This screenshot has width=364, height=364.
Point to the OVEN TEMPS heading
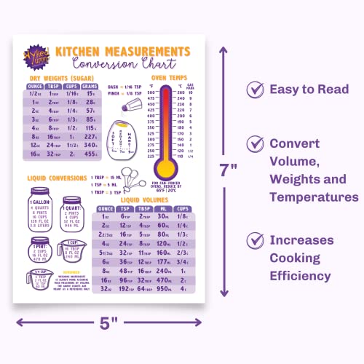click(172, 76)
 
